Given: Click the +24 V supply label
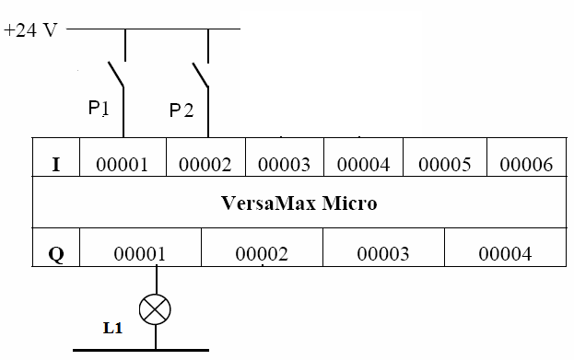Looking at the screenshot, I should (x=30, y=29).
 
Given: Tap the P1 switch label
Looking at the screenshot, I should (x=99, y=109).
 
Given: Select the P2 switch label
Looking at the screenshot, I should (x=182, y=110).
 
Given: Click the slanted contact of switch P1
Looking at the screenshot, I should (x=116, y=75).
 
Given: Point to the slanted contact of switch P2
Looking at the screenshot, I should (x=201, y=75).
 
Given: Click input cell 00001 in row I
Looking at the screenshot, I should (x=123, y=165).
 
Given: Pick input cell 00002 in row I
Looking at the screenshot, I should (x=205, y=165).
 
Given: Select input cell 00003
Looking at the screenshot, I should (x=285, y=165).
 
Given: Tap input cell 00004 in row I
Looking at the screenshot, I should (x=364, y=165).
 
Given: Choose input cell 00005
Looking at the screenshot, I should (x=445, y=165).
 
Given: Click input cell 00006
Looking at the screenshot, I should (x=526, y=165).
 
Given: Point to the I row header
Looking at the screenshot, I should (x=56, y=165).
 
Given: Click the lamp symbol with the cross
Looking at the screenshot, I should (x=157, y=308).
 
